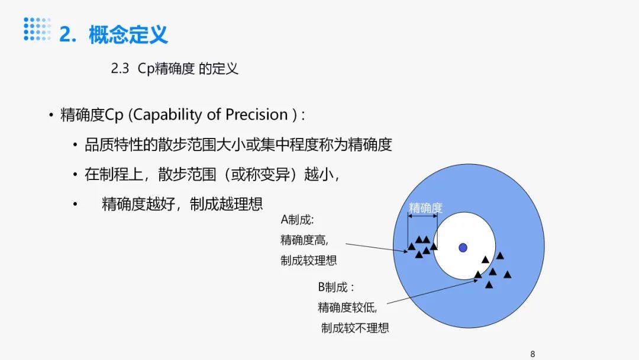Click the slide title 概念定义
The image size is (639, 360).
pyautogui.click(x=128, y=34)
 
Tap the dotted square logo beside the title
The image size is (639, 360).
pyautogui.click(x=37, y=30)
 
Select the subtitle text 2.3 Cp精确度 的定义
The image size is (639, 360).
pyautogui.click(x=175, y=69)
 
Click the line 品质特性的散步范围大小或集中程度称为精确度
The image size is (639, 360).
pyautogui.click(x=238, y=144)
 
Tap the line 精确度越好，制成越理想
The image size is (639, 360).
pyautogui.click(x=182, y=204)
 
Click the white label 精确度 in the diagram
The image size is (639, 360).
pyautogui.click(x=425, y=208)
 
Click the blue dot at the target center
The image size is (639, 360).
pyautogui.click(x=463, y=247)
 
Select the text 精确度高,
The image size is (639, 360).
pyautogui.click(x=304, y=240)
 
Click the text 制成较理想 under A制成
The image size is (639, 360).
pyautogui.click(x=308, y=260)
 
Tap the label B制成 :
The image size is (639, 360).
pyautogui.click(x=336, y=288)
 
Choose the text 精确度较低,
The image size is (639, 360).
pyautogui.click(x=347, y=307)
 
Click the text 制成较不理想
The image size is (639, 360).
pyautogui.click(x=355, y=327)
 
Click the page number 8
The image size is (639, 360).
pyautogui.click(x=532, y=353)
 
